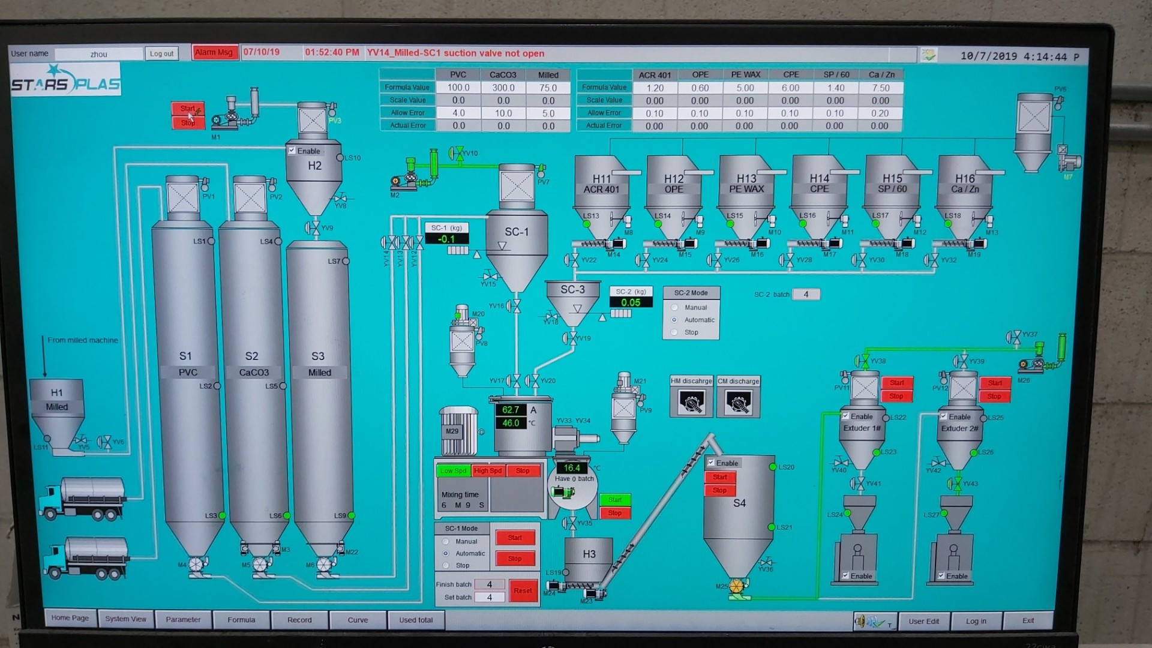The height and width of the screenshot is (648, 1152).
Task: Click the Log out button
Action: click(161, 53)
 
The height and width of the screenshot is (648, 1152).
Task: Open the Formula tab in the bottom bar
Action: click(241, 620)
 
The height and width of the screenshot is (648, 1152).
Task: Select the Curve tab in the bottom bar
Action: click(358, 620)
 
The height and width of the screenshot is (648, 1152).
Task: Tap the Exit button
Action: click(1028, 620)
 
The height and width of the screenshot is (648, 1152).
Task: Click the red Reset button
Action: click(523, 590)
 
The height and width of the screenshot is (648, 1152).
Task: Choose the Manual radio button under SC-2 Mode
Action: click(674, 307)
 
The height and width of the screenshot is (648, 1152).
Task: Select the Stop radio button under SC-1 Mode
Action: click(446, 565)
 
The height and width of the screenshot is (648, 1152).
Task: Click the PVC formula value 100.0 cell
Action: click(458, 88)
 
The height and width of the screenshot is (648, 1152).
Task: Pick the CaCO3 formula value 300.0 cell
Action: click(503, 88)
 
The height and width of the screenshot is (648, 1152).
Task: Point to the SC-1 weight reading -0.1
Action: click(446, 239)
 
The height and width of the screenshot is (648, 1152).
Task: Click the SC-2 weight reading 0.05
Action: click(631, 302)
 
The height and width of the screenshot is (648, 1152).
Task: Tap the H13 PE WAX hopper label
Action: click(746, 184)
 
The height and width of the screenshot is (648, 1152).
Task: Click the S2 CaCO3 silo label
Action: click(253, 364)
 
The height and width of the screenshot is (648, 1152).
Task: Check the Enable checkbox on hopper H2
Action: click(292, 151)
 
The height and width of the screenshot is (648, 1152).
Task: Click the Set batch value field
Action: click(489, 597)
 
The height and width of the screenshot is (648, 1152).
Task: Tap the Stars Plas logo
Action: click(65, 81)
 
